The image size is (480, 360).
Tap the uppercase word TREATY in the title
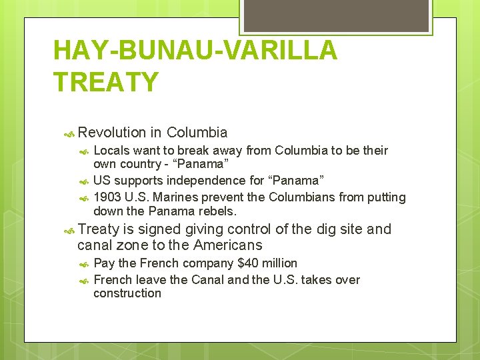pyautogui.click(x=106, y=82)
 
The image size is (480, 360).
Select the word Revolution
pyautogui.click(x=111, y=133)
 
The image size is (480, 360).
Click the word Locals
pyautogui.click(x=111, y=151)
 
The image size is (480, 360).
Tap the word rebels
pyautogui.click(x=217, y=211)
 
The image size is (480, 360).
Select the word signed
pyautogui.click(x=158, y=229)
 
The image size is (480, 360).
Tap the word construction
pyautogui.click(x=127, y=293)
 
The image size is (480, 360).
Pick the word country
pyautogui.click(x=138, y=164)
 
